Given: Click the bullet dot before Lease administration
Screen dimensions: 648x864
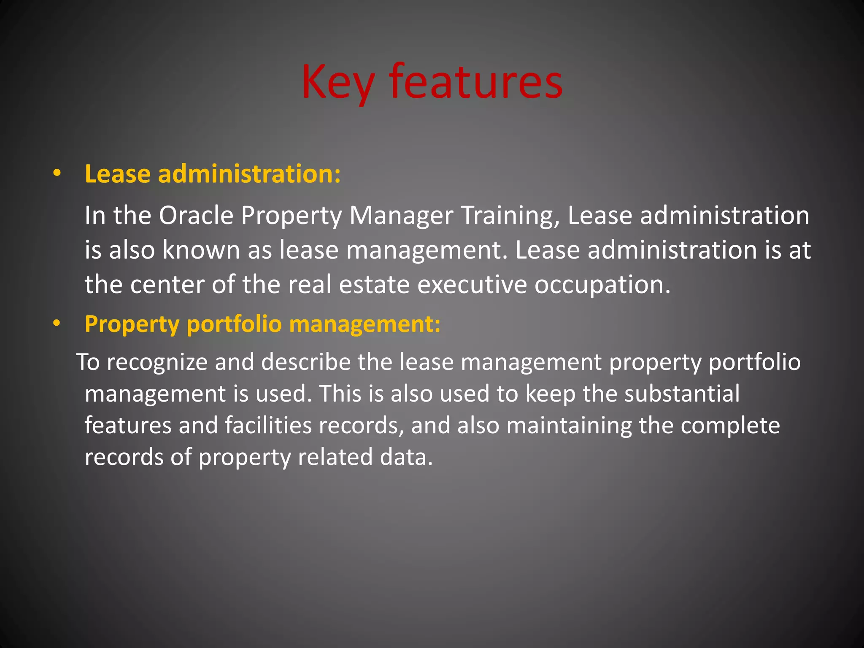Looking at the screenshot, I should coord(57,173).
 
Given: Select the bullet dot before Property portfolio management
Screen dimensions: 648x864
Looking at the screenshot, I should coord(57,324).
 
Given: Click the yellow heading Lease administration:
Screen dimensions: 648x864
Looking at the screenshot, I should coord(213,173).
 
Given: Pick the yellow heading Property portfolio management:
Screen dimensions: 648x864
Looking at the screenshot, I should coord(262,324).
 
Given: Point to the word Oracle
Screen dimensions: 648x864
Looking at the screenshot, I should coord(196,216).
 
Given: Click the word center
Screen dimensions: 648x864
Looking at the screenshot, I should coord(167,284).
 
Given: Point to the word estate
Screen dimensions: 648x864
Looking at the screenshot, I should coord(374,284).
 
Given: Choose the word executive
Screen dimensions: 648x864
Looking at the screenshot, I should coord(472,284).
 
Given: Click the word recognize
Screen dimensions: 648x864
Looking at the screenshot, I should coord(157,362).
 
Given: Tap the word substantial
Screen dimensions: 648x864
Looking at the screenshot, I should coord(682,394).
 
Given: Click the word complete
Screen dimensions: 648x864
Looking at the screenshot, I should coord(730,425).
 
